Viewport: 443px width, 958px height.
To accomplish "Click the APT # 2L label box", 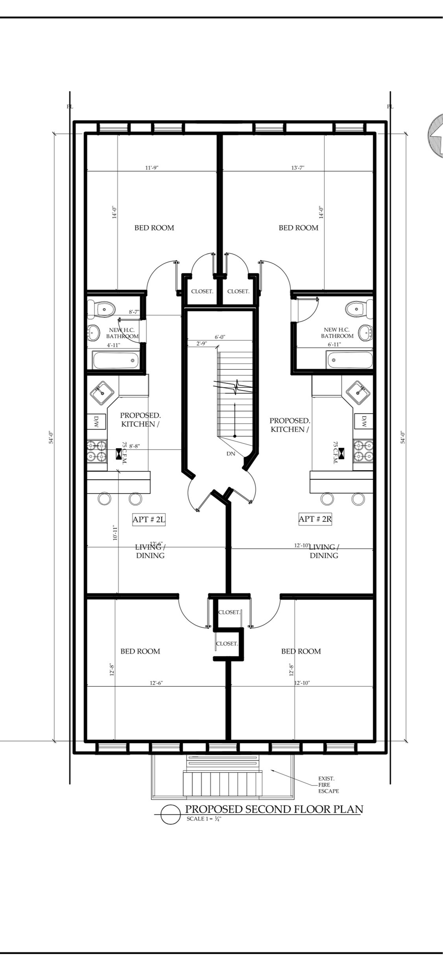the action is point(149,519).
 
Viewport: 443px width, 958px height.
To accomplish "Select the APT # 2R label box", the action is point(315,519).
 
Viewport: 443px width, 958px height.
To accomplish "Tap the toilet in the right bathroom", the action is point(359,309).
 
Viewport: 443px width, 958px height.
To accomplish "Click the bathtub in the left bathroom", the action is point(116,360).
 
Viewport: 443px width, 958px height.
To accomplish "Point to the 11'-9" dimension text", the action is point(152,168).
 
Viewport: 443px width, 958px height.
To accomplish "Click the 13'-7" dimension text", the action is point(298,168).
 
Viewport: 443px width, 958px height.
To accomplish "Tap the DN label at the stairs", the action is point(231,454).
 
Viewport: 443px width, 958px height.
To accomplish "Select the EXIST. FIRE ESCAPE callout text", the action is point(328,785).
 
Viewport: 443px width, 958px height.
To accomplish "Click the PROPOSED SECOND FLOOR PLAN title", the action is point(274,809).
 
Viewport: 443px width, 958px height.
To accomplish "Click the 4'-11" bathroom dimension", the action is point(114,345).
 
